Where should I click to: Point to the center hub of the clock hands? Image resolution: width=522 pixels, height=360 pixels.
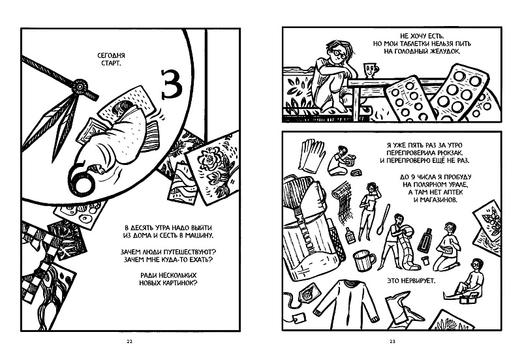point(80,84)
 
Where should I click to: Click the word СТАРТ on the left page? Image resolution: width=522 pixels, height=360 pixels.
point(108,65)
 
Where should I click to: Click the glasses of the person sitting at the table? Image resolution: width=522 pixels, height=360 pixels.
point(338,48)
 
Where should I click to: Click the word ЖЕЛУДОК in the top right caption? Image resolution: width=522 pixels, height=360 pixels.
point(442,50)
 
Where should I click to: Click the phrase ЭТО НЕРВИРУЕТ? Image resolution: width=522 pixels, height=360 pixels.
point(415,282)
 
